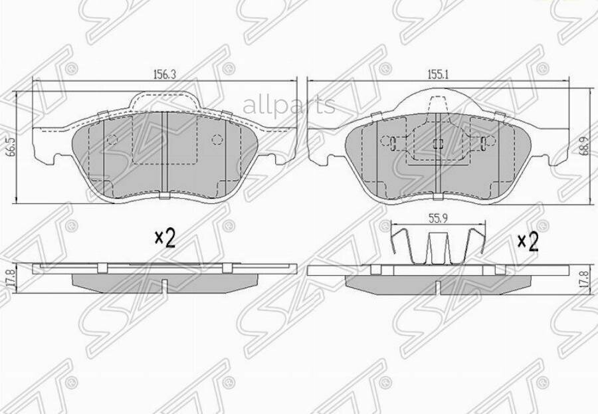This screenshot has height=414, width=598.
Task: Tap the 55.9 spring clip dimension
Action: (x=436, y=217)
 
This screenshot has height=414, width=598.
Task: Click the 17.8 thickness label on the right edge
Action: (x=583, y=278)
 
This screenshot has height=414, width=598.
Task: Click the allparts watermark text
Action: (x=289, y=104)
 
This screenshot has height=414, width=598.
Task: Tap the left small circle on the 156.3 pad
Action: (x=112, y=140)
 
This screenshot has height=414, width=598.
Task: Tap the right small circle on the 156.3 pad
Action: (x=217, y=140)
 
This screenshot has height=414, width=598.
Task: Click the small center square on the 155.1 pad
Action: (x=438, y=144)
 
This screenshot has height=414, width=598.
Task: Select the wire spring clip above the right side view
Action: (x=436, y=246)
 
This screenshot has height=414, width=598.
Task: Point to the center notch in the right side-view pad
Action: (x=437, y=286)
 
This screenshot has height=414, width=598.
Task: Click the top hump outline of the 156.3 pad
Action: (x=164, y=93)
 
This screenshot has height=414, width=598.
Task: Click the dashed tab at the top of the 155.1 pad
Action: (x=438, y=104)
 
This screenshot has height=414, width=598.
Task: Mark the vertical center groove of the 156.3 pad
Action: (x=163, y=153)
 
